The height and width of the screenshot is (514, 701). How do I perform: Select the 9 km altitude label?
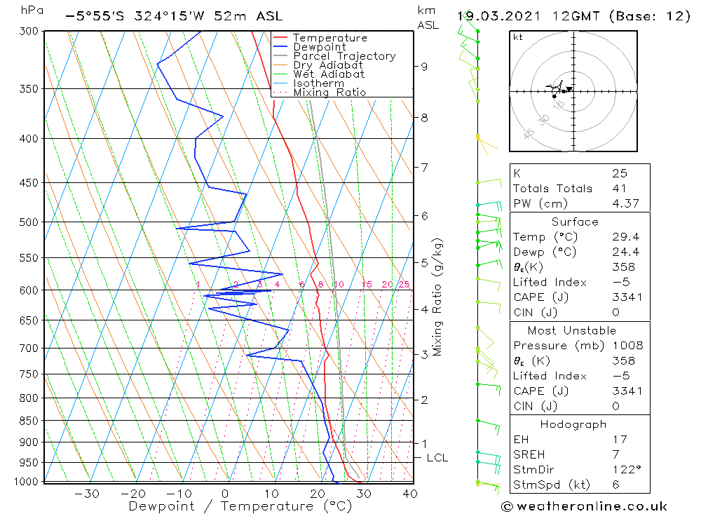click(424, 67)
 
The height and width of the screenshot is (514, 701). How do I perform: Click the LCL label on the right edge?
click(437, 458)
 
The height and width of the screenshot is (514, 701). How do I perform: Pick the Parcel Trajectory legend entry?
click(344, 56)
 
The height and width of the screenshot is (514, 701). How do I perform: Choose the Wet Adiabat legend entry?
click(329, 74)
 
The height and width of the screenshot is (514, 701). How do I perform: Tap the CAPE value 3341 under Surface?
click(626, 297)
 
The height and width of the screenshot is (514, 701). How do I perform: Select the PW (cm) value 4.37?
click(626, 203)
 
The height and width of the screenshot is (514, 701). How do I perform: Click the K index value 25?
click(619, 173)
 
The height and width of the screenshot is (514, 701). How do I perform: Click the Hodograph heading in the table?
click(574, 424)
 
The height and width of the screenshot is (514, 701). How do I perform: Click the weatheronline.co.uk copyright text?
click(584, 506)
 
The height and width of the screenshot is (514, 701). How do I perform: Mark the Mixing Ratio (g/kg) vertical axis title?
click(438, 297)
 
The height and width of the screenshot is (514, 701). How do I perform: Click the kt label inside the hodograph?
click(517, 37)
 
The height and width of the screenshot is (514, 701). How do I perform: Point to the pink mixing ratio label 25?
click(404, 284)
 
